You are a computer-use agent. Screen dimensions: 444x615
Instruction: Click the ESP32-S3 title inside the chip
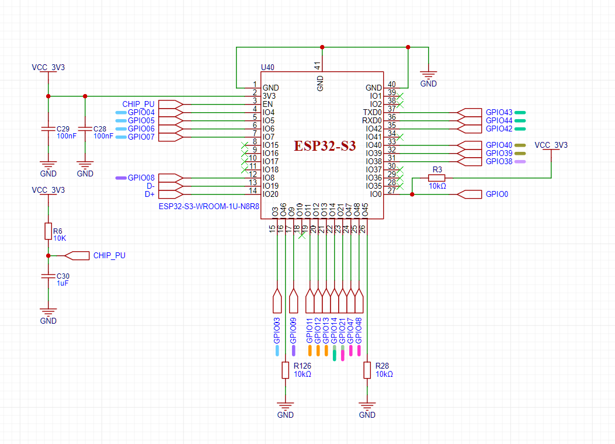tap(324, 146)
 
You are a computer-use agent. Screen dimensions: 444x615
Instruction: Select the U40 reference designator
tap(267, 68)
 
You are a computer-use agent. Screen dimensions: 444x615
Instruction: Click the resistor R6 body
tap(48, 231)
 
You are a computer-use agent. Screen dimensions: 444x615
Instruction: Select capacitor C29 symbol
tap(48, 129)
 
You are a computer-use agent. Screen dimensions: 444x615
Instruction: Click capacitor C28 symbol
tap(85, 129)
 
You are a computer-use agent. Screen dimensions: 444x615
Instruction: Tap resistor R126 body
tap(285, 370)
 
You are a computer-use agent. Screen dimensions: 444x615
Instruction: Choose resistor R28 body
tap(367, 370)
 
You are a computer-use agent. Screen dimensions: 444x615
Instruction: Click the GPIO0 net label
tap(496, 194)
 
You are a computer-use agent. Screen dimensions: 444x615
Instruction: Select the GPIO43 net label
tap(499, 112)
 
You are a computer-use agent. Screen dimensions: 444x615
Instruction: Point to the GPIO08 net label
tap(141, 178)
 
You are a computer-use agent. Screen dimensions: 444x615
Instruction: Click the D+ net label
tap(150, 194)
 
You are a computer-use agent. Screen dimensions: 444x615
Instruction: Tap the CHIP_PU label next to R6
tap(109, 255)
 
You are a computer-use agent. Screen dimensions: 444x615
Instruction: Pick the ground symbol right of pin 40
tap(429, 76)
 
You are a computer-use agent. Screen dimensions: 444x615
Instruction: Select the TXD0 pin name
tap(372, 112)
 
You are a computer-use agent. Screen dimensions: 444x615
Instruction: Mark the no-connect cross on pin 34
tap(400, 137)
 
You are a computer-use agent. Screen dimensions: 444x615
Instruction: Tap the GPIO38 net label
tap(499, 161)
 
